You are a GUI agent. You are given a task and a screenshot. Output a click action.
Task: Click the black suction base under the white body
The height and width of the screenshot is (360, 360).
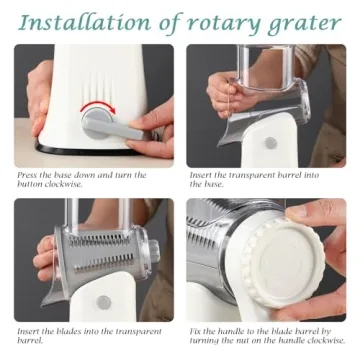point(90,160)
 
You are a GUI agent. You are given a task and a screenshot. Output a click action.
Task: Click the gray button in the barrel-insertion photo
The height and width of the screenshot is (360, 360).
point(271,142)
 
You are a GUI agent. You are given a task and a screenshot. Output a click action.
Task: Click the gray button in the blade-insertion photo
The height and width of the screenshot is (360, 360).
point(103,301)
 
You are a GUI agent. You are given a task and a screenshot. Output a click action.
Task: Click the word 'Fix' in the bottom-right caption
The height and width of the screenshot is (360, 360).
point(196,330)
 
